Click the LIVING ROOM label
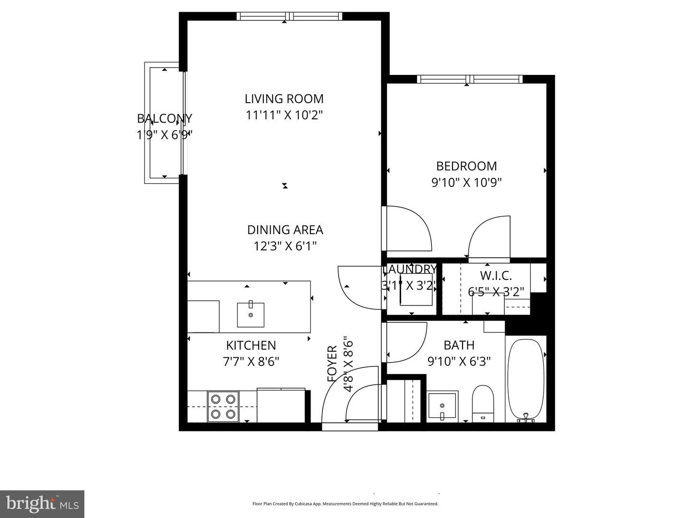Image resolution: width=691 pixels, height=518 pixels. click(284, 99)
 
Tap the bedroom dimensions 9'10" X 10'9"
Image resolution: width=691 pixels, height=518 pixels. click(466, 183)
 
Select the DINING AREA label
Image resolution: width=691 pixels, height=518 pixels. click(285, 230)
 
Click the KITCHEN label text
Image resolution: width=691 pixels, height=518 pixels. click(251, 345)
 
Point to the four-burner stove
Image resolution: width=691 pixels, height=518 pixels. click(223, 406)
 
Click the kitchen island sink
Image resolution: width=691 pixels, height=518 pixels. click(250, 314)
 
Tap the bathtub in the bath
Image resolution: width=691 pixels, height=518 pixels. click(526, 379)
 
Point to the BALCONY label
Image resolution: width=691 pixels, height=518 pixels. click(165, 118)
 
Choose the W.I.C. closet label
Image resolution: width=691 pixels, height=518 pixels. click(496, 276)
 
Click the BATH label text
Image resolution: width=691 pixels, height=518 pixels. click(459, 345)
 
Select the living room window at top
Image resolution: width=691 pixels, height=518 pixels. click(289, 16)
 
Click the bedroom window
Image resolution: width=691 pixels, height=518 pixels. click(469, 79)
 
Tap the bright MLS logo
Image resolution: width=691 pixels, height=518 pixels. click(42, 504)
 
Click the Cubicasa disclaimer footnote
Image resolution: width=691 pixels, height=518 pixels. click(345, 504)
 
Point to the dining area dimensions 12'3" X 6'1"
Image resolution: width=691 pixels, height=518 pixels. click(285, 247)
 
